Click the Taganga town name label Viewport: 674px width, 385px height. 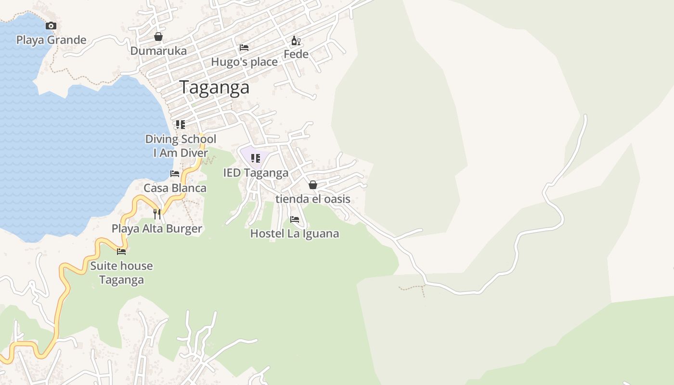(214, 88)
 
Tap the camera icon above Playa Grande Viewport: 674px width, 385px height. (51, 26)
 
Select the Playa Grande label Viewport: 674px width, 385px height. (52, 40)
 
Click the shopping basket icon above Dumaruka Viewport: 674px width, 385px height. (158, 37)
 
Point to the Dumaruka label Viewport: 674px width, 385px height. (158, 51)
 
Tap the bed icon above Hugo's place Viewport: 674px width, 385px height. (244, 48)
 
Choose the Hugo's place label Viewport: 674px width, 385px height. (244, 62)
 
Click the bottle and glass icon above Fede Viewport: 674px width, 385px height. (296, 41)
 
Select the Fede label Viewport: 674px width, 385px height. (296, 54)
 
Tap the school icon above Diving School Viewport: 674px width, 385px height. (181, 125)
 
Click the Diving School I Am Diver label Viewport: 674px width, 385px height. (181, 146)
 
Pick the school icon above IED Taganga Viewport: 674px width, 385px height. (256, 158)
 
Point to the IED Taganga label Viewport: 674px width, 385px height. (256, 173)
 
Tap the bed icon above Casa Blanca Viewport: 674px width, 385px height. (175, 174)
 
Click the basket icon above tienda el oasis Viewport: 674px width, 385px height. (313, 185)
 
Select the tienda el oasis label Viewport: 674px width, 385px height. (313, 199)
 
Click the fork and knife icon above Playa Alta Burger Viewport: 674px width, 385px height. (157, 214)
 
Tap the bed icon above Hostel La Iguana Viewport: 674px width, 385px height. (295, 219)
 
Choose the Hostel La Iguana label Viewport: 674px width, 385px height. (295, 234)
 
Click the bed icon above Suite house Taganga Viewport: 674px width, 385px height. (121, 251)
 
